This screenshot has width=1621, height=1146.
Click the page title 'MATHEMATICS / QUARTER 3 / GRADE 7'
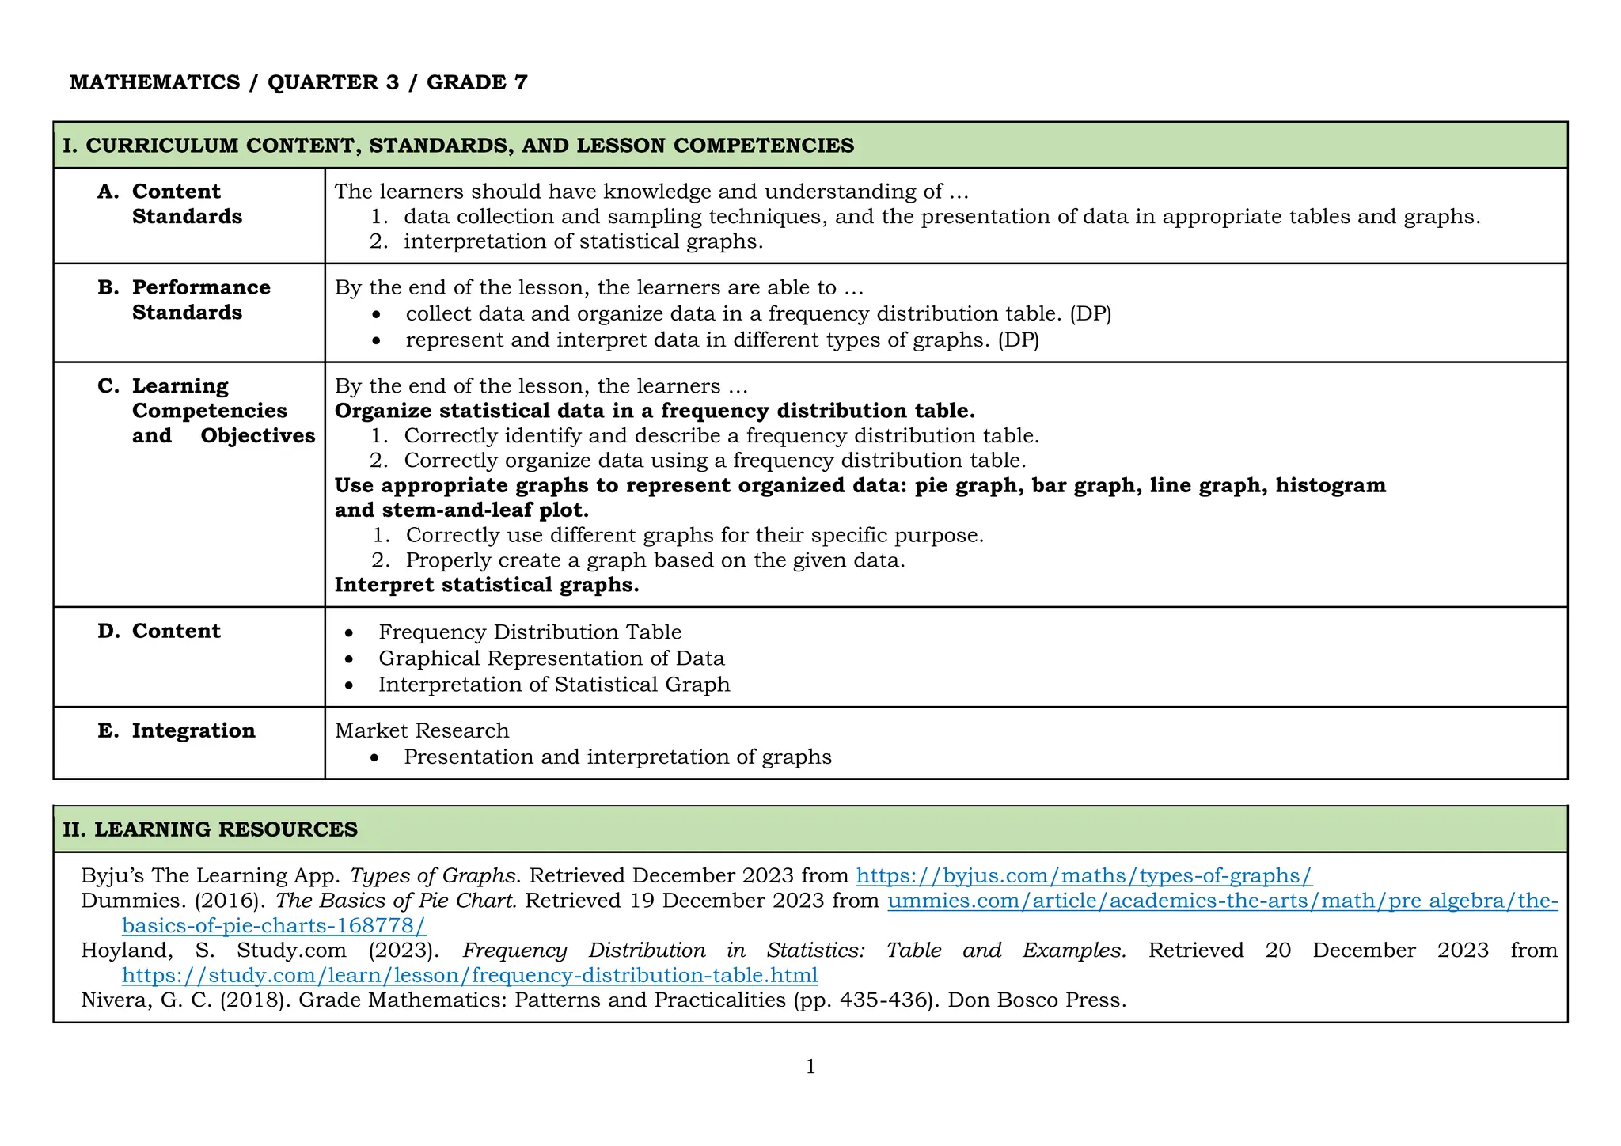(298, 82)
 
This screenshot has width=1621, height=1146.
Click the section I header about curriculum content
(458, 146)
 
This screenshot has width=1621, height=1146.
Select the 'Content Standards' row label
(187, 204)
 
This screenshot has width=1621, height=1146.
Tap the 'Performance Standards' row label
(200, 300)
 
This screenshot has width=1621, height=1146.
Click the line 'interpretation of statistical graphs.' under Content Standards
(583, 241)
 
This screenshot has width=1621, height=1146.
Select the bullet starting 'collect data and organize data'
(758, 314)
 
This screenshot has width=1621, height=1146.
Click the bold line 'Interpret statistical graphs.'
(487, 585)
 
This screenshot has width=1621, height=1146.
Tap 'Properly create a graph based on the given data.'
(655, 560)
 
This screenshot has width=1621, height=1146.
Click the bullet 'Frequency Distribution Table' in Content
(530, 632)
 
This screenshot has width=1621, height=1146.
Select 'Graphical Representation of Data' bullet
(551, 658)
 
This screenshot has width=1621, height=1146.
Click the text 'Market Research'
(422, 730)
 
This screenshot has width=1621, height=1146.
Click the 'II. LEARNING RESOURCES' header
(211, 829)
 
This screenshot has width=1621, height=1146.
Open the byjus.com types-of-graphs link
(1084, 875)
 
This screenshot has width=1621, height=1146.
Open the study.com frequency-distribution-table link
(469, 975)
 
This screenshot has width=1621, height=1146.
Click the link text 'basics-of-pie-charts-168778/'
(274, 925)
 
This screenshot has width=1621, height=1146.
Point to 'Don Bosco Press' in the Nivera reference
(1035, 1000)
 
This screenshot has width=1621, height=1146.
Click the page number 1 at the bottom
(810, 1067)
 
